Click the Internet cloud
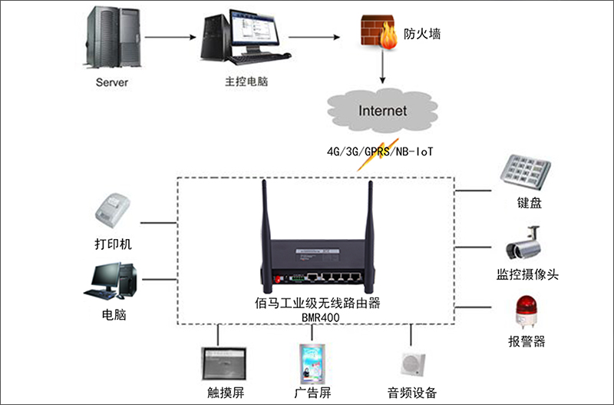(382, 111)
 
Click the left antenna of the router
(265, 223)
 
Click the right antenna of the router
(368, 223)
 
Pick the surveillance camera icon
(524, 244)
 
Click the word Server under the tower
(112, 81)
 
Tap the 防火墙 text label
(423, 33)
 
